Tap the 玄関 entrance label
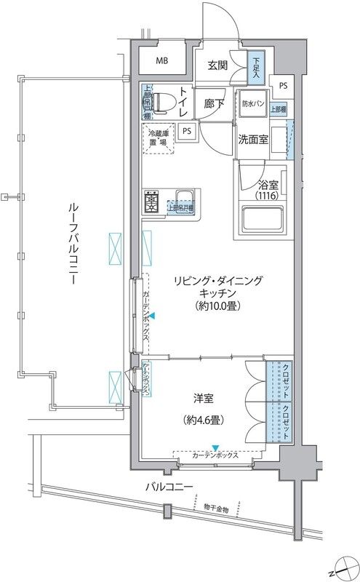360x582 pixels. tap(219, 65)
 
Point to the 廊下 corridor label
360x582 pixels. tap(215, 103)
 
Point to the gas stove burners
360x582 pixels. tap(153, 202)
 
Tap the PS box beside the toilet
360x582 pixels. tap(188, 132)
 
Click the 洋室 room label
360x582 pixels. tap(204, 397)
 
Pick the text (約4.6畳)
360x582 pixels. tap(204, 420)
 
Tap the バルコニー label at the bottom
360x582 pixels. tap(168, 486)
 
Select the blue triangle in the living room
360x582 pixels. tap(153, 315)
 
